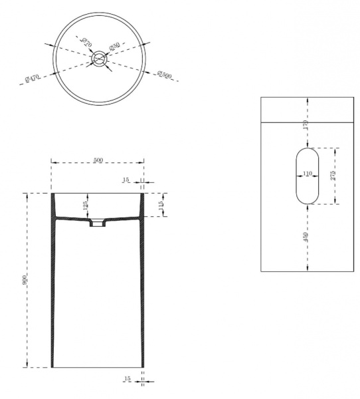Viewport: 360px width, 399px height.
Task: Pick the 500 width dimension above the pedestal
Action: [98, 160]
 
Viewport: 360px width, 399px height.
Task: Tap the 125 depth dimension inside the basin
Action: [85, 205]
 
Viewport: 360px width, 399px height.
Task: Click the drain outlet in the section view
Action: [98, 224]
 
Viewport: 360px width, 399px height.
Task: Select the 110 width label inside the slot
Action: [308, 174]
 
